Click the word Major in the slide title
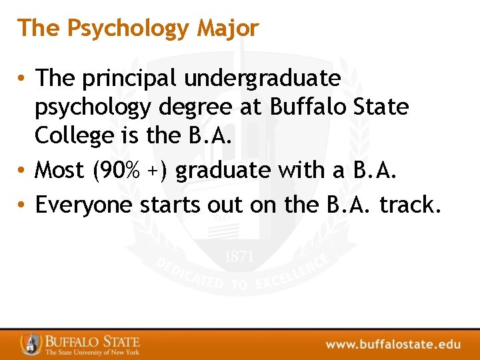pos(227,29)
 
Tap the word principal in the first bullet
pos(129,79)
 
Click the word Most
pos(60,171)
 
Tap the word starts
pos(166,205)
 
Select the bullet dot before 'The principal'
pos(22,79)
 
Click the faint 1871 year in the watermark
pos(239,257)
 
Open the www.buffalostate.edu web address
pos(393,345)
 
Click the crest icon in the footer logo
pos(31,344)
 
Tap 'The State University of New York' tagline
pos(92,352)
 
